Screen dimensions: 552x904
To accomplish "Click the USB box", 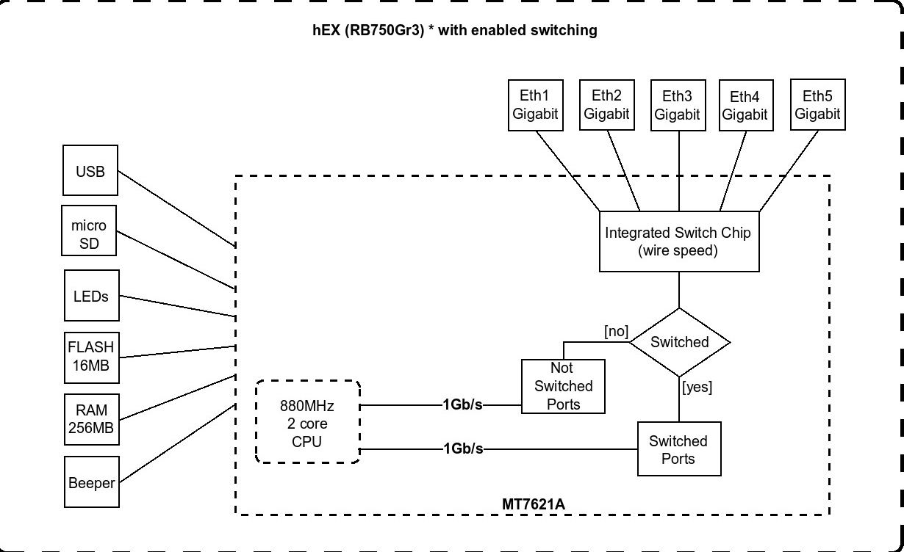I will (x=90, y=171).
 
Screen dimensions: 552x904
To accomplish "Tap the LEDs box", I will (x=91, y=295).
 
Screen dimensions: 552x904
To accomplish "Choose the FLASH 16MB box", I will (x=91, y=357).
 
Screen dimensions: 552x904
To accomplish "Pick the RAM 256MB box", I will (x=91, y=420).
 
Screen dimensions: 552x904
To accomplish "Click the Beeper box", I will (x=91, y=482).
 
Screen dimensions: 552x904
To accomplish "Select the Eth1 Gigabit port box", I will (x=535, y=105).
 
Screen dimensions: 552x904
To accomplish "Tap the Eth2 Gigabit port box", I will (x=606, y=105).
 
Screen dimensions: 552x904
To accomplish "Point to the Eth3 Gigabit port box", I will (x=677, y=105).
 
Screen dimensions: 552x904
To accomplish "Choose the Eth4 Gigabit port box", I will (x=745, y=106).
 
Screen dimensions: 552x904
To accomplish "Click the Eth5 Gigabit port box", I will (x=817, y=105).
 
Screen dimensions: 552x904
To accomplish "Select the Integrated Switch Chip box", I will (x=678, y=241).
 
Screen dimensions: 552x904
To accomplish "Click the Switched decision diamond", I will (x=680, y=342).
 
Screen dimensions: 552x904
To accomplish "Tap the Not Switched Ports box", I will (x=563, y=386).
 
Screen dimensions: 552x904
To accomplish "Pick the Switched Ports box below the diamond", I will (x=678, y=449).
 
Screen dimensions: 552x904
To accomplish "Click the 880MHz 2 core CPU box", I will (x=308, y=422).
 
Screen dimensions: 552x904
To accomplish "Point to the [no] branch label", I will (x=616, y=332).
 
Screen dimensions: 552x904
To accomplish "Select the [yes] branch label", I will (x=697, y=387).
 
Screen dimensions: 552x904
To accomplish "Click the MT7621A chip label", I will (x=534, y=505).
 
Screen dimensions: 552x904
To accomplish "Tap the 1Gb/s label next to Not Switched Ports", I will (x=462, y=404).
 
